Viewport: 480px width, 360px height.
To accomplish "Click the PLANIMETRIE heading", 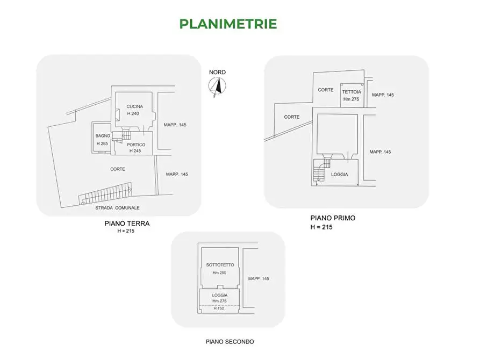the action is tap(228, 24).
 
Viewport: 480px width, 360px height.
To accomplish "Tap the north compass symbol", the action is tap(217, 86).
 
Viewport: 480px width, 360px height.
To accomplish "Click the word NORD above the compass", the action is tap(217, 72).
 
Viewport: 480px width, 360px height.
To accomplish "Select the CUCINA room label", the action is tap(135, 106).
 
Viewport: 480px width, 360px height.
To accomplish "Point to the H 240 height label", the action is tap(133, 113).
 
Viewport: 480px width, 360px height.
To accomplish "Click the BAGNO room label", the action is tap(103, 136).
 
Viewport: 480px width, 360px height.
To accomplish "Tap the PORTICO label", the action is tap(136, 145).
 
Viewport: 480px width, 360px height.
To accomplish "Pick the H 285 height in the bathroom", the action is tap(103, 143).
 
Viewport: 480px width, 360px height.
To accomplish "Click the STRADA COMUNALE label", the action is tap(117, 208).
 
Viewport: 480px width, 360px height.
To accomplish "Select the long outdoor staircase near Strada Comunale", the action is tap(105, 193).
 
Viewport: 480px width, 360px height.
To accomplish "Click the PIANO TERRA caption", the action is tap(127, 224).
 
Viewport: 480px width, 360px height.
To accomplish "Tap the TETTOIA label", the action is tap(352, 92).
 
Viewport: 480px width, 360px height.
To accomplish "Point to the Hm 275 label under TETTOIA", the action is tap(351, 99).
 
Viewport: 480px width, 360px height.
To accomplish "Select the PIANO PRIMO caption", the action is tap(333, 218).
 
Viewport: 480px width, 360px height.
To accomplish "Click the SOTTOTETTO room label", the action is tap(220, 265).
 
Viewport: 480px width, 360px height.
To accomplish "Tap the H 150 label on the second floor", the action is tap(219, 308).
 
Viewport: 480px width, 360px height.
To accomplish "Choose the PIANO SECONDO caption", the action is tap(230, 342).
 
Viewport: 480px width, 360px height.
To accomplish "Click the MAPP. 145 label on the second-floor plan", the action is tap(259, 278).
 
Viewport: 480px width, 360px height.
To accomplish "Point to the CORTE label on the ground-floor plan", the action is tap(118, 169).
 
